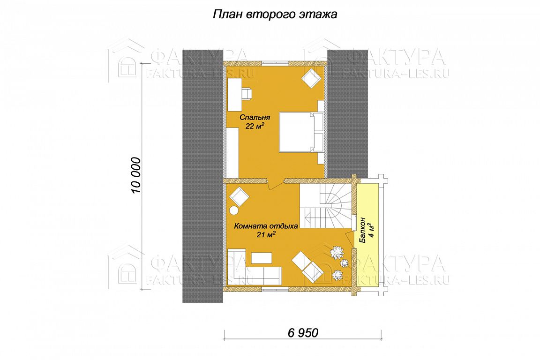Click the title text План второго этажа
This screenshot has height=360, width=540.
pos(275,15)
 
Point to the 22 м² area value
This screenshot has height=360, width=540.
pos(255,126)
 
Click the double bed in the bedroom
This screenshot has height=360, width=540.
pos(301,132)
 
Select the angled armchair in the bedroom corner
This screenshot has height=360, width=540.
pos(311,78)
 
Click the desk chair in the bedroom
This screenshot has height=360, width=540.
pos(247,94)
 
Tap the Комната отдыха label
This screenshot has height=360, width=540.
pos(266,226)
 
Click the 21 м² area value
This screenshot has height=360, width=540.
pos(265,235)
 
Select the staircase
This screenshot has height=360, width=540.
pos(325,206)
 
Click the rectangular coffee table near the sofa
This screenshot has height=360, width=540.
pos(262,258)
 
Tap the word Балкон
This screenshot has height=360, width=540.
pos(362,231)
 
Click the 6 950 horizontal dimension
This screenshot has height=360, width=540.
pos(303,333)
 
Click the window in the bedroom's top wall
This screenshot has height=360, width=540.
pos(275,63)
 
